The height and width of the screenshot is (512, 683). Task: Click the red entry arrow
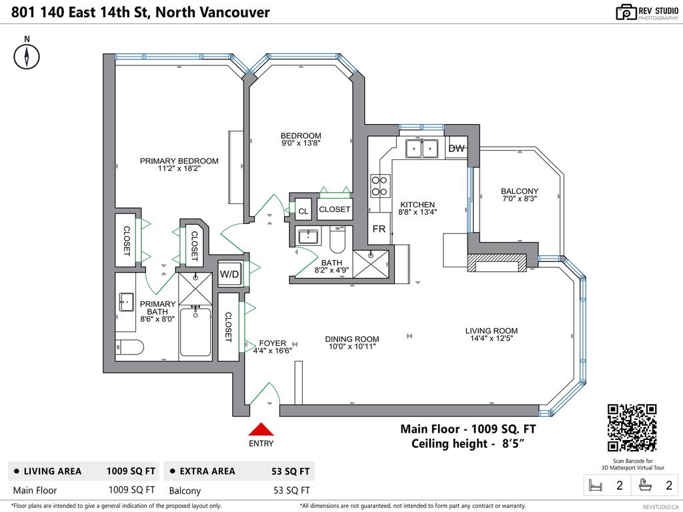[x=261, y=430]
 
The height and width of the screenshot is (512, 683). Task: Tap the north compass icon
[x=27, y=55]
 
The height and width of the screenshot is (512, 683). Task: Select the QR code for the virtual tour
[x=632, y=428]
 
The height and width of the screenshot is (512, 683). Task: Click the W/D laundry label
[x=229, y=274]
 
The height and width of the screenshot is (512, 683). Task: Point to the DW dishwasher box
[x=456, y=149]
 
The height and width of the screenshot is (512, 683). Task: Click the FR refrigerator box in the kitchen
[x=379, y=229]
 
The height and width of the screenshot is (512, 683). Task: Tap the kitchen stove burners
[x=380, y=185]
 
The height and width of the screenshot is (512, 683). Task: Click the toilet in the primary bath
[x=129, y=347]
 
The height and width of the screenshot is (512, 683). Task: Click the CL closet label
[x=303, y=211]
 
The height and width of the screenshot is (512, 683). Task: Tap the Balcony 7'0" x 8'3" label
[x=520, y=195]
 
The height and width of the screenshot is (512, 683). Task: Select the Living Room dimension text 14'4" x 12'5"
[x=492, y=338]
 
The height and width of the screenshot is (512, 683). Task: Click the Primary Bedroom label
[x=179, y=165]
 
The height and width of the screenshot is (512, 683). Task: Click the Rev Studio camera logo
[x=626, y=11]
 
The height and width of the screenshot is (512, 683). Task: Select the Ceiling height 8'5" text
[x=467, y=444]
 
